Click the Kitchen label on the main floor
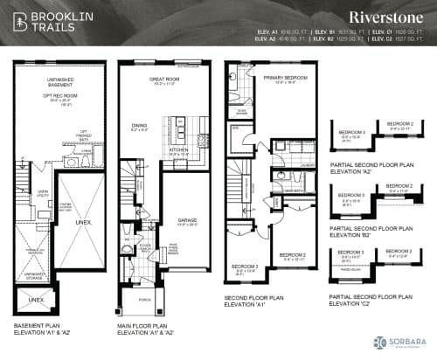(178, 150)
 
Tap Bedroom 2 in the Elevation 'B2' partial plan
(399, 186)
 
